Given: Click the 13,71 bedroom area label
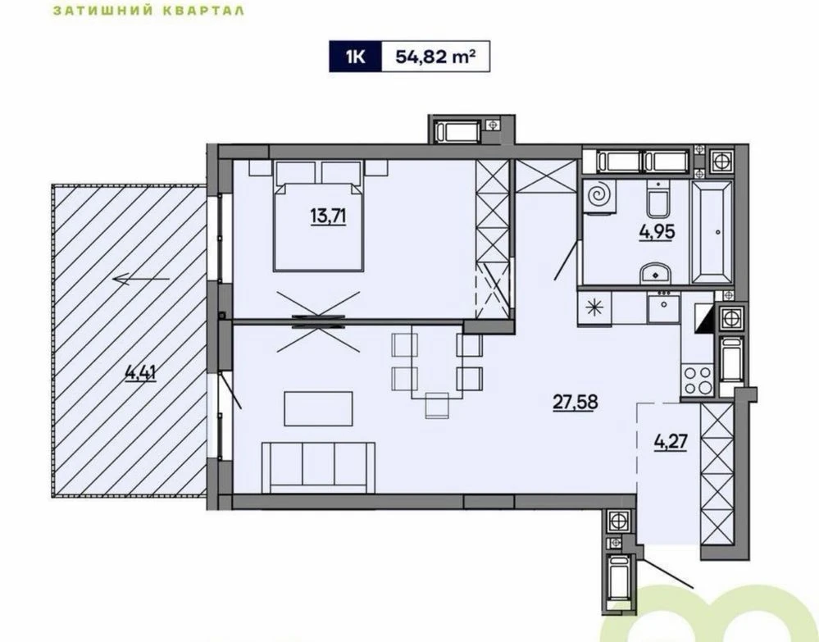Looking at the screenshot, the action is coord(329,215).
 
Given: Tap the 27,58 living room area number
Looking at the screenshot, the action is coord(575,403).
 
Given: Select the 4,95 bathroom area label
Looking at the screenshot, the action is coord(657,231).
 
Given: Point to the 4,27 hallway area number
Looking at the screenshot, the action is coord(670,442).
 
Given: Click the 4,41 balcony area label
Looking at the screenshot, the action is coord(141,373).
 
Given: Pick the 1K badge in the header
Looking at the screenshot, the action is coord(355,56).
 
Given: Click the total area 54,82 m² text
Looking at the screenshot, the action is coord(435,56).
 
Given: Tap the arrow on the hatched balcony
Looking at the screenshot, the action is coord(142,280).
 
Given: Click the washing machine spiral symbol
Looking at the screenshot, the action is coord(598,197).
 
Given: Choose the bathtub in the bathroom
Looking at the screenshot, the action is coord(712,233).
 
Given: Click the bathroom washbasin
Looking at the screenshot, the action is coord(656,273).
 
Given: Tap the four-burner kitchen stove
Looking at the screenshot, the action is coord(698,380).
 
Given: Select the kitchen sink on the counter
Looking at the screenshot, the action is coord(664,307).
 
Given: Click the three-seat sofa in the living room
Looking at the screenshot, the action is coord(318,467).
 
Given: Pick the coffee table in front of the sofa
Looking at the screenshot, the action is coord(318,408).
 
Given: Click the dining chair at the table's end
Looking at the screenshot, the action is coord(437,405).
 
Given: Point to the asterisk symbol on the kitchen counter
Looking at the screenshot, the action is coord(594,307).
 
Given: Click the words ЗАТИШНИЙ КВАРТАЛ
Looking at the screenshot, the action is coord(149,10).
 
